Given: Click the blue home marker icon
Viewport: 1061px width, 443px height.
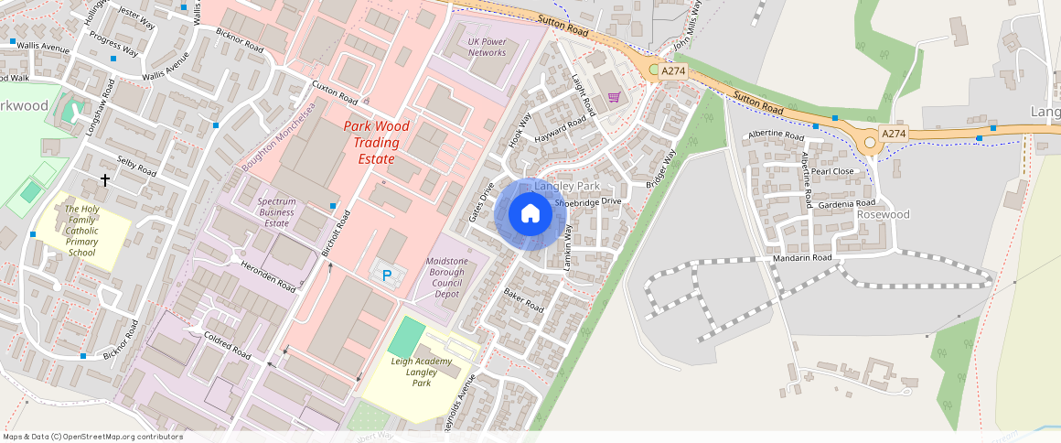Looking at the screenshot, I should (x=530, y=213).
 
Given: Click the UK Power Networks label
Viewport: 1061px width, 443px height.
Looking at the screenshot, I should (x=487, y=48).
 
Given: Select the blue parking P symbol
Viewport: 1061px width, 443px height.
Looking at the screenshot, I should (x=387, y=274).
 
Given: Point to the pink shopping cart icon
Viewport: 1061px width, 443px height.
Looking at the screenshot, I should (x=614, y=96).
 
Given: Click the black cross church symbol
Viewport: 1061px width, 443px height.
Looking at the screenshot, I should (x=105, y=180).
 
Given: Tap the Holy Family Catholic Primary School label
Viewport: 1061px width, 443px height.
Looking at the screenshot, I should (x=81, y=231).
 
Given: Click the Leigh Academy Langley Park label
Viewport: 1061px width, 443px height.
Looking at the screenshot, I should (x=422, y=372).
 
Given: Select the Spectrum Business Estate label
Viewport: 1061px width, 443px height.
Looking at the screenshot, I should (x=276, y=211).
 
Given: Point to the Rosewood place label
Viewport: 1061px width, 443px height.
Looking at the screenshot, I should (x=884, y=214).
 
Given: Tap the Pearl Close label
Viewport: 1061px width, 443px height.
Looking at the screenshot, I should (x=831, y=171).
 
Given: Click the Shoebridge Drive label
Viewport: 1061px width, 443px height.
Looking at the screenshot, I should (x=588, y=200).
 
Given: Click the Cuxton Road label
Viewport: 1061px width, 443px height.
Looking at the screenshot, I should (x=334, y=92).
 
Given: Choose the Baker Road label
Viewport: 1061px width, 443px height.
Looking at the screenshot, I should (x=523, y=300).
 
